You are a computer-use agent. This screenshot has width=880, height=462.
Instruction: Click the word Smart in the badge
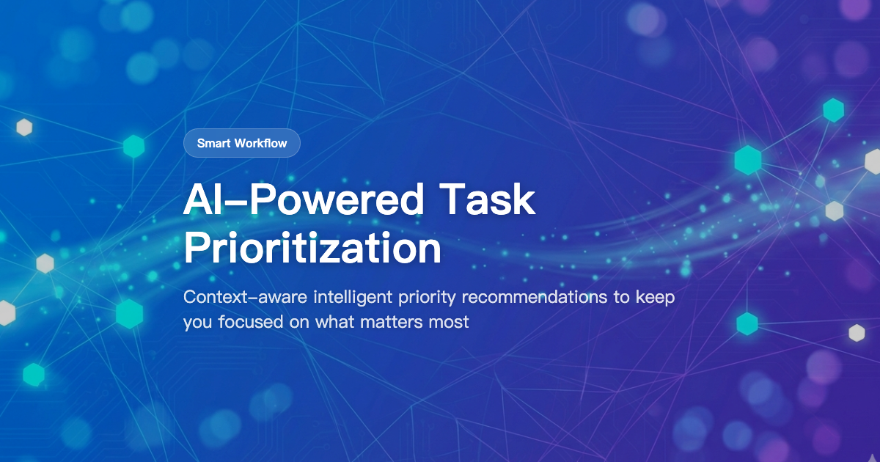point(213,143)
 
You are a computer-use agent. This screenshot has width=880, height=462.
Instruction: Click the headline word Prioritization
point(312,249)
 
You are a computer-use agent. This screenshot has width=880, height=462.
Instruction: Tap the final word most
point(450,321)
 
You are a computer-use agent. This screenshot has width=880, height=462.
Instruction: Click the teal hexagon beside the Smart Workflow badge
point(133,147)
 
